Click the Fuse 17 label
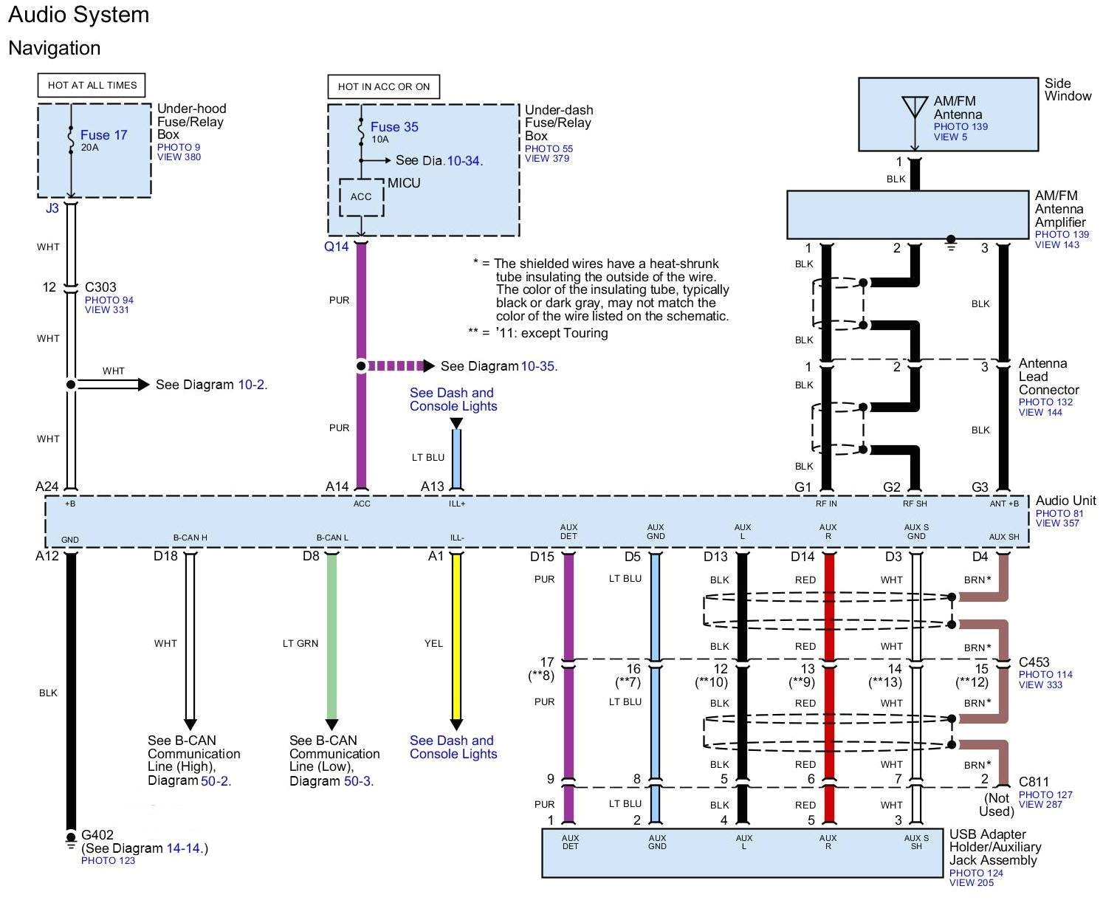click(x=103, y=135)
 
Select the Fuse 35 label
click(x=394, y=127)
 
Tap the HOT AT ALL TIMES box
click(x=92, y=85)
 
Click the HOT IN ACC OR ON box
click(x=384, y=86)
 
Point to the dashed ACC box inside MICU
click(x=361, y=197)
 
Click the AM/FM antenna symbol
click(x=914, y=108)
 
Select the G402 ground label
click(x=97, y=835)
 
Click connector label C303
click(x=100, y=287)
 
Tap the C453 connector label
click(x=1034, y=662)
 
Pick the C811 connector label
click(x=1034, y=782)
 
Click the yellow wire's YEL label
click(x=433, y=644)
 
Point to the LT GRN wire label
click(x=300, y=644)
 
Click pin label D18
click(x=165, y=556)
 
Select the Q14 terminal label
click(x=336, y=247)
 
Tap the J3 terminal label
click(x=52, y=208)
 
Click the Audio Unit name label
click(x=1065, y=501)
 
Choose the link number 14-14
click(x=183, y=848)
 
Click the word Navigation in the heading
click(x=55, y=48)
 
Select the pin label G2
click(x=892, y=487)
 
